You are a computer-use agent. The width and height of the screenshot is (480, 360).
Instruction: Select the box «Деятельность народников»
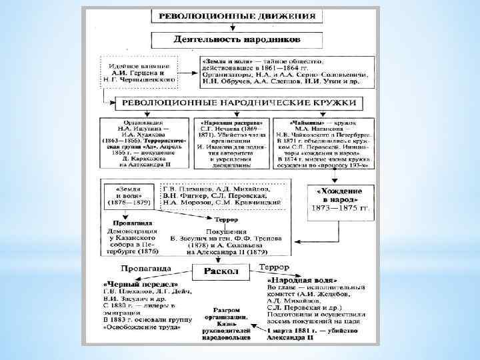click(237, 39)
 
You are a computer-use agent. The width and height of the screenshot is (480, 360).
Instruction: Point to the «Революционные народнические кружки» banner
click(237, 104)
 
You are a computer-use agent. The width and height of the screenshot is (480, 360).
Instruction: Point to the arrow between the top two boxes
click(233, 27)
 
